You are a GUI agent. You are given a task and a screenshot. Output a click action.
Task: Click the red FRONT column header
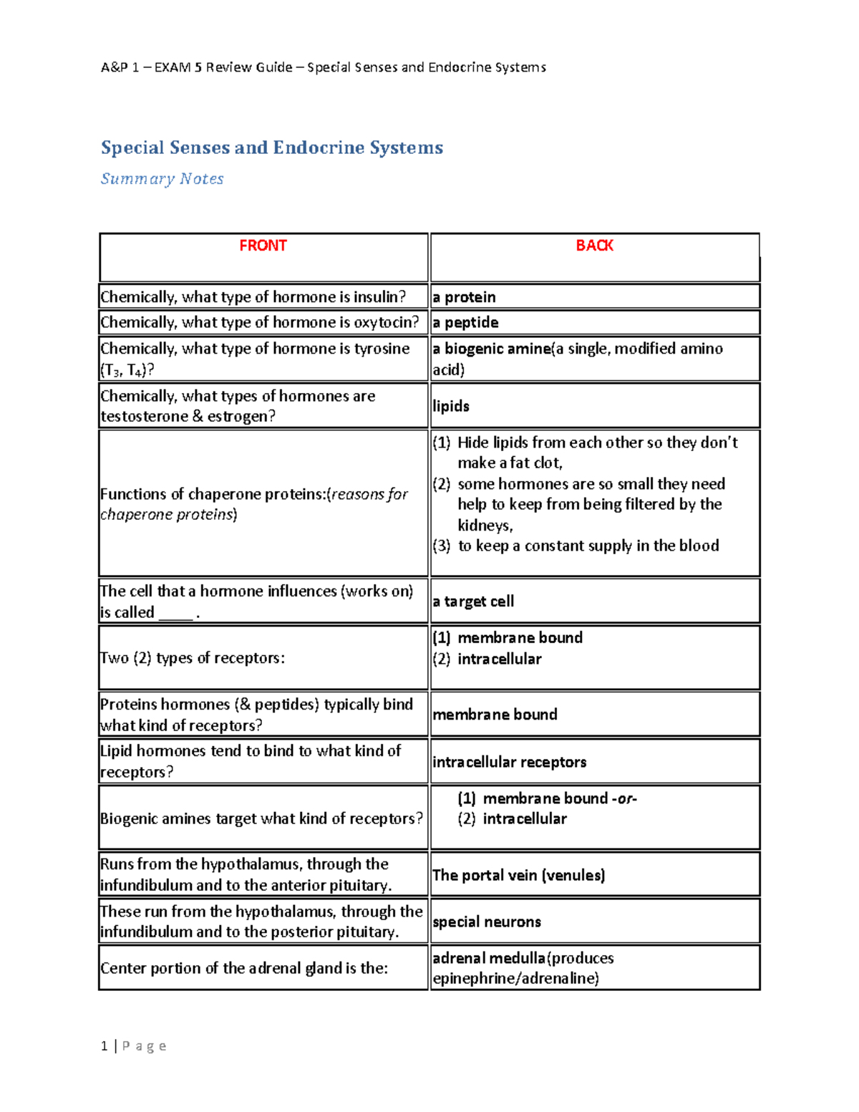click(263, 246)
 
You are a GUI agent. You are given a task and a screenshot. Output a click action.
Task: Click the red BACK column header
click(594, 246)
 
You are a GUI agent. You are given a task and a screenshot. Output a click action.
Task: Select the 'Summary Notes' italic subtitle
click(162, 179)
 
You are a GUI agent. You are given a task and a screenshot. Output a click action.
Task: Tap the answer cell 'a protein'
click(465, 297)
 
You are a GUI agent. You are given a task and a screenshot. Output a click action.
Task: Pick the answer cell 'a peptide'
click(466, 322)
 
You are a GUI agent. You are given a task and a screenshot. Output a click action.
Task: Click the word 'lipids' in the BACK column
click(451, 406)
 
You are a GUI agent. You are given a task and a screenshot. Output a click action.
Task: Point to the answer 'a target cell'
click(473, 601)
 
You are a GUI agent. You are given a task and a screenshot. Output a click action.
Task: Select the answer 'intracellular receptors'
click(509, 762)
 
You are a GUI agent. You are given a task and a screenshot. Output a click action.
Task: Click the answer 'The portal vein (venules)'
click(518, 875)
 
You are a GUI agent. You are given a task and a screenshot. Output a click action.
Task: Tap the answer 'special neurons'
click(487, 922)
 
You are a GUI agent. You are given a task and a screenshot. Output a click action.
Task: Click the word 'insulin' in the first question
click(377, 297)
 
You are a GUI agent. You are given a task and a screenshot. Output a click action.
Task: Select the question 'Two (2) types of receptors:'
click(193, 658)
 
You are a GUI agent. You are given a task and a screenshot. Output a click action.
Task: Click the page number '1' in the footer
click(105, 1046)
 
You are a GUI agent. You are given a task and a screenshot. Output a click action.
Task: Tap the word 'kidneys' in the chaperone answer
click(485, 526)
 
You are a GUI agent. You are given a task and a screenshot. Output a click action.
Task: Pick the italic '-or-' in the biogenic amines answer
click(624, 798)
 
